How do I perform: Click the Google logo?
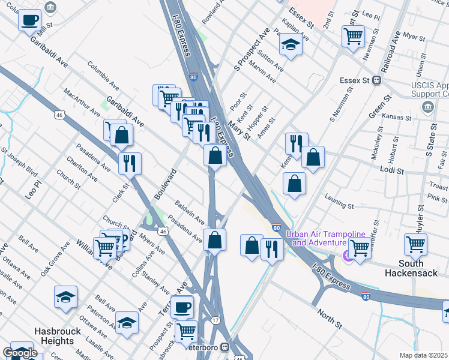pos(20,353)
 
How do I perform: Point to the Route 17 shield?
pos(215,320)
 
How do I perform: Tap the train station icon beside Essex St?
pos(378,80)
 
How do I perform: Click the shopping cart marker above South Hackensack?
pos(415,244)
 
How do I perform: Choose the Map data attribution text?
pos(424,355)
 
